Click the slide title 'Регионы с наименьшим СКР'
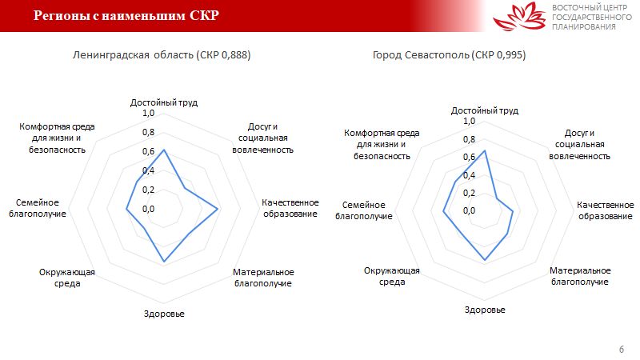tap(126, 15)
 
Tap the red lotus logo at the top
tap(519, 16)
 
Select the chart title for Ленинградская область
tap(162, 54)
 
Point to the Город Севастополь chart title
tap(449, 54)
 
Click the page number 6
tap(622, 349)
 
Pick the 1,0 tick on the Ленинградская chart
tap(148, 113)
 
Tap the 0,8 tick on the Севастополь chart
tap(469, 139)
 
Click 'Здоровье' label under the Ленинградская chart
tap(164, 314)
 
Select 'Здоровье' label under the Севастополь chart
tap(485, 310)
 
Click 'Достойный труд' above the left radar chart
tap(164, 102)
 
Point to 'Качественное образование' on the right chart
tap(606, 210)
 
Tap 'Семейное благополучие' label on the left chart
tap(38, 208)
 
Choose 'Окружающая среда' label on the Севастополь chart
tap(392, 276)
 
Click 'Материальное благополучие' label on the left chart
tap(263, 278)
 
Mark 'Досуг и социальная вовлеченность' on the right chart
tap(579, 145)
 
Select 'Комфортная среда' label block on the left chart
tap(57, 138)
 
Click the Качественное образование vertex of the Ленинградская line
tap(218, 209)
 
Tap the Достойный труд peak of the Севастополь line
tap(485, 151)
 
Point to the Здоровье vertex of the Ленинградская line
tap(164, 261)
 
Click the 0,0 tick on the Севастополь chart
tap(469, 210)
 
